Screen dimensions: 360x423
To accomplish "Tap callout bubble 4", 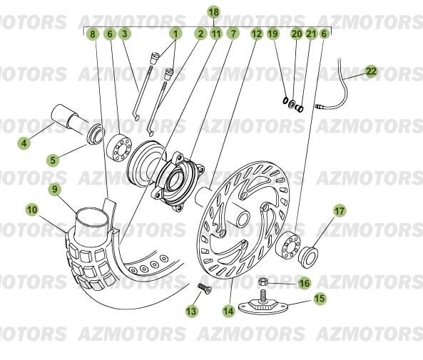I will tap(24, 143).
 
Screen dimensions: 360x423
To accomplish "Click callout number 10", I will tap(32, 210).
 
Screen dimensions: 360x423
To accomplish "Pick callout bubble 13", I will tap(191, 311).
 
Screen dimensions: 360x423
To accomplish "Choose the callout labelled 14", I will tap(228, 311).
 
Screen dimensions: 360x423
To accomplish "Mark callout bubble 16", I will tap(304, 283).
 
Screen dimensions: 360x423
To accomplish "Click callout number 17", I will tap(340, 210).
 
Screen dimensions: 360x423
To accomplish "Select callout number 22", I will tap(371, 71).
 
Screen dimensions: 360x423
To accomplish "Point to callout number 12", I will tap(256, 34).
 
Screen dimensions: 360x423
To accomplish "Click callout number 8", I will tap(92, 34).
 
